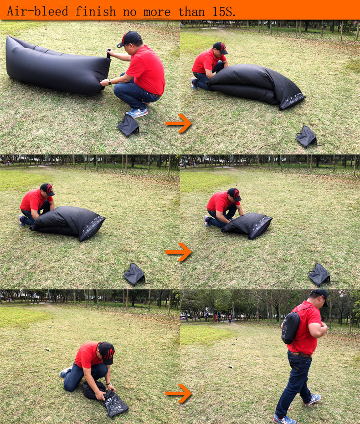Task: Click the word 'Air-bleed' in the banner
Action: point(38,11)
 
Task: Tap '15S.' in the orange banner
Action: point(224,12)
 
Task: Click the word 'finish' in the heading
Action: point(96,11)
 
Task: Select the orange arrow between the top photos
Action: point(179,123)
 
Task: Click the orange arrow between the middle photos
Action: point(179,252)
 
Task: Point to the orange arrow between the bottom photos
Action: point(179,393)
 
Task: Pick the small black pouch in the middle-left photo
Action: point(134,274)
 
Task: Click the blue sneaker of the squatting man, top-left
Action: point(137,112)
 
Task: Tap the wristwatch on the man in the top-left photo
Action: point(110,82)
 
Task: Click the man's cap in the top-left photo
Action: point(129,38)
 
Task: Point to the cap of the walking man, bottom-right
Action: point(320,296)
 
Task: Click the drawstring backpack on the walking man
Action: point(291,327)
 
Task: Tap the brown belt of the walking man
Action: point(300,354)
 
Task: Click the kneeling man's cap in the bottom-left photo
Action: point(106,353)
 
